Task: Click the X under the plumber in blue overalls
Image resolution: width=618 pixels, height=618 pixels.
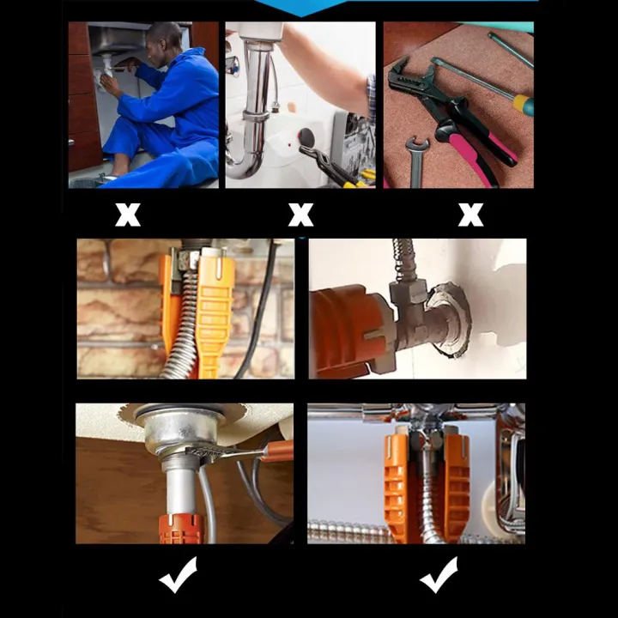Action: point(128,215)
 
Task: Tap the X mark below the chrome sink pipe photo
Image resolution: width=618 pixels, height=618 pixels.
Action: point(300,215)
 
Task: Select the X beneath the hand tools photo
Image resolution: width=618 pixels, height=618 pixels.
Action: point(470,215)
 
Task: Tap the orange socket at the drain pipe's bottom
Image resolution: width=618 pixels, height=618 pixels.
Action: point(178,529)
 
